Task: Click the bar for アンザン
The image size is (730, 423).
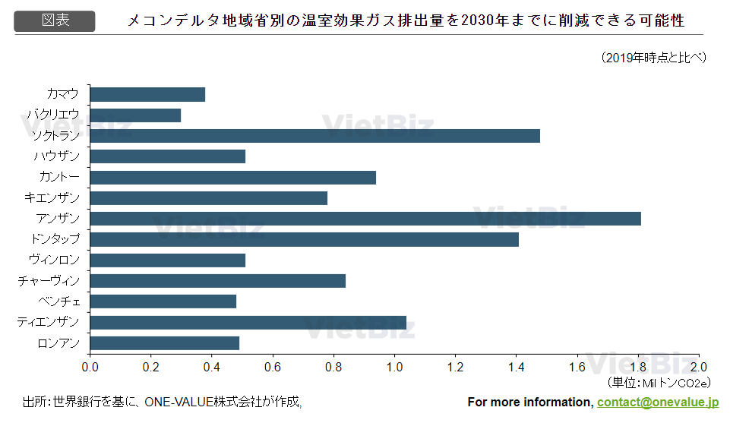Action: (x=365, y=219)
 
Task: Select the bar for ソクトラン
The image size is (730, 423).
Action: (x=315, y=136)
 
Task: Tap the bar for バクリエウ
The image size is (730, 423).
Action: (x=135, y=115)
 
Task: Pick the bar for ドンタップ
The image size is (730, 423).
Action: (x=305, y=239)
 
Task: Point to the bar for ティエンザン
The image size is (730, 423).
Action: (x=248, y=322)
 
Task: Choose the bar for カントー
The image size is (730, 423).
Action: (x=233, y=178)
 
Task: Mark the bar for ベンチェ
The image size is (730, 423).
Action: (x=163, y=301)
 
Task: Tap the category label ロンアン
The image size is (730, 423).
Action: (x=58, y=343)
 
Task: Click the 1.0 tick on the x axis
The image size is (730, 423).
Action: (x=394, y=367)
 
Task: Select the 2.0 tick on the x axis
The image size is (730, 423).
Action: (x=698, y=367)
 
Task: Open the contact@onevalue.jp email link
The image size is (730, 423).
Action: (x=658, y=402)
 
